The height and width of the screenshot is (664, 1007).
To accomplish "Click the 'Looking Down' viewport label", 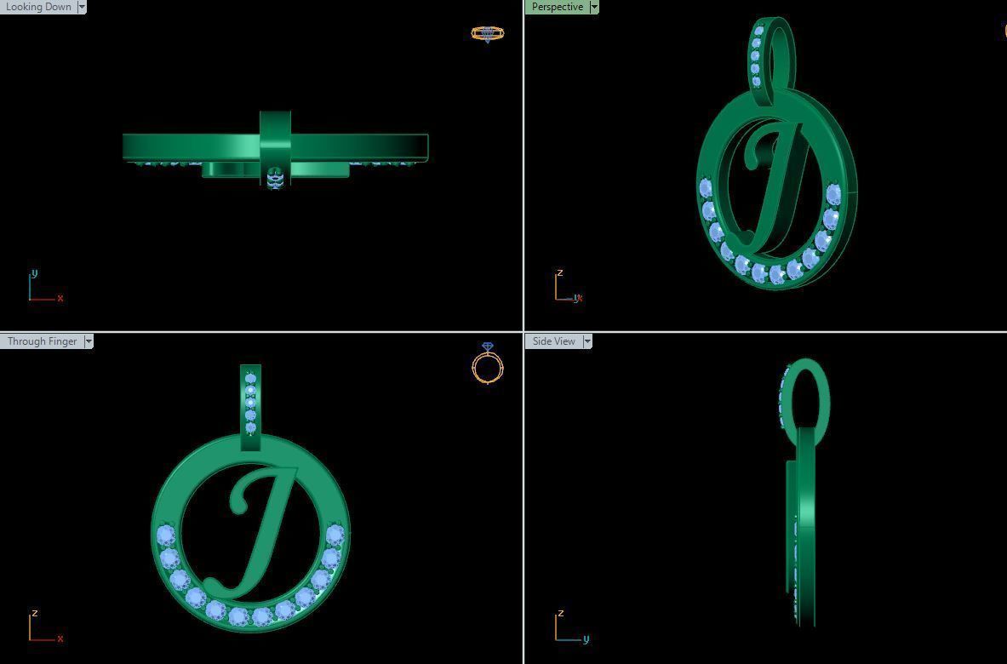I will coord(38,7).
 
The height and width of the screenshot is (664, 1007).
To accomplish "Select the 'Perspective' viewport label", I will coord(557,7).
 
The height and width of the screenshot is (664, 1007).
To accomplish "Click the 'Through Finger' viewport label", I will coord(42,341).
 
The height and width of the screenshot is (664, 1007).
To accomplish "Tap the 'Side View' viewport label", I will coord(553,341).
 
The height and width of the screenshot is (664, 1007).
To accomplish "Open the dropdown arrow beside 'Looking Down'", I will coord(82,7).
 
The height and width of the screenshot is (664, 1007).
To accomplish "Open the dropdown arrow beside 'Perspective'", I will coord(593,7).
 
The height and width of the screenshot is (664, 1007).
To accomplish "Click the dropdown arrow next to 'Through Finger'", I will coord(89,341).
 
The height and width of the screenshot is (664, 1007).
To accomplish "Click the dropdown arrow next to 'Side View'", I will coord(586,341).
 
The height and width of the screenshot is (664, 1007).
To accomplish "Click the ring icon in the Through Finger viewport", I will coord(487,364).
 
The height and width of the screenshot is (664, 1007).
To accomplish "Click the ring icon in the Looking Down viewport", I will coord(487,34).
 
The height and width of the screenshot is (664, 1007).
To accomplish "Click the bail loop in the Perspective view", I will coord(773,51).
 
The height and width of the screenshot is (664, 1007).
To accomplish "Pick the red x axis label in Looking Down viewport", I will coord(60,298).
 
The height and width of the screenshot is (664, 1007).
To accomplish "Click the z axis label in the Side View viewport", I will coord(560,613).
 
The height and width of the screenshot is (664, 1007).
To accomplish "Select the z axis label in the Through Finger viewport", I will coord(34,613).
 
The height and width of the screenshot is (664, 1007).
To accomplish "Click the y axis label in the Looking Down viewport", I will coord(34,273).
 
